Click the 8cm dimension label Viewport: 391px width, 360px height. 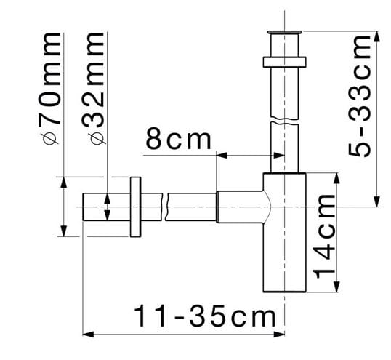coord(178,139)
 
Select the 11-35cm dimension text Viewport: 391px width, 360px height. coord(205,315)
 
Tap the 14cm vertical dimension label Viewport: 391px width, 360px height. coord(324,236)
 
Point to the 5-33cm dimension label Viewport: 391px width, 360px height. coord(359,96)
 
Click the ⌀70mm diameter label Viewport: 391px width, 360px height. coord(49,88)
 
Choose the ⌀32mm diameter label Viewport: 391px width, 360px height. coord(93,88)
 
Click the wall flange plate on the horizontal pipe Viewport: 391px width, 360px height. coord(135,207)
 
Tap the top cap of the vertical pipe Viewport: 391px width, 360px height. coord(284,32)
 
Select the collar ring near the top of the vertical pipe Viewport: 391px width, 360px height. coord(284,62)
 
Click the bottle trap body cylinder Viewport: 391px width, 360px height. coord(284,232)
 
